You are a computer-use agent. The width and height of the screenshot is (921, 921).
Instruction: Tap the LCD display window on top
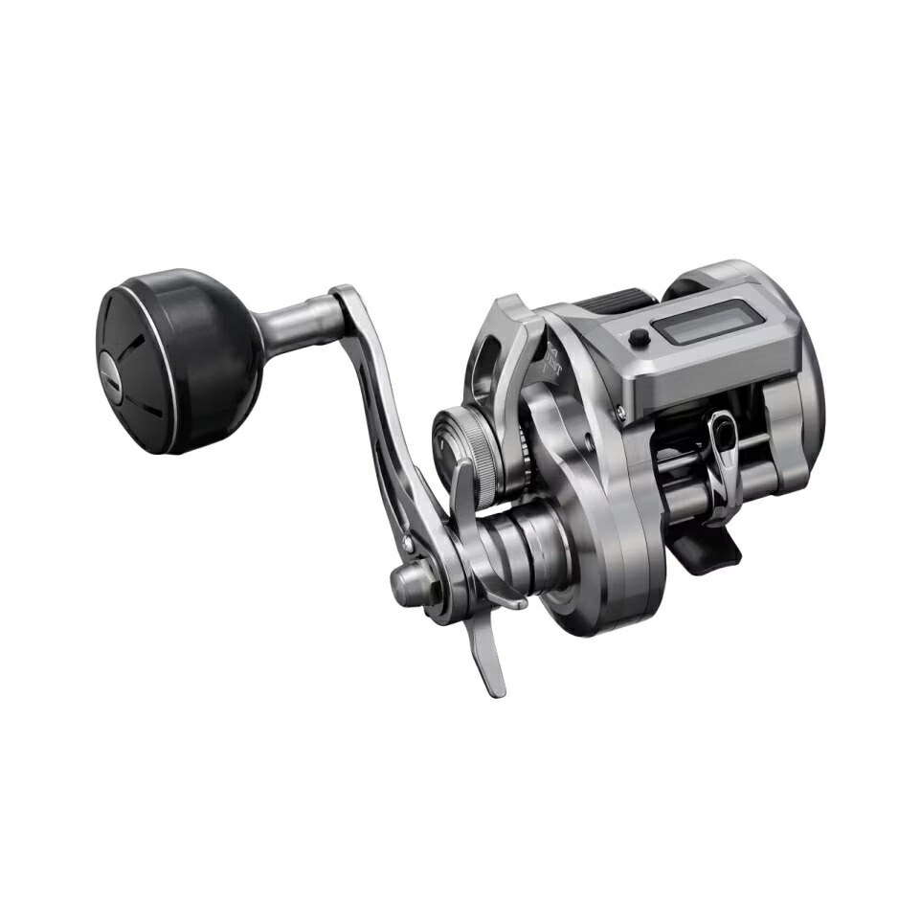(x=708, y=322)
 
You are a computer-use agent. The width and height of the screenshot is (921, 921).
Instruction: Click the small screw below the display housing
(x=622, y=413)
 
